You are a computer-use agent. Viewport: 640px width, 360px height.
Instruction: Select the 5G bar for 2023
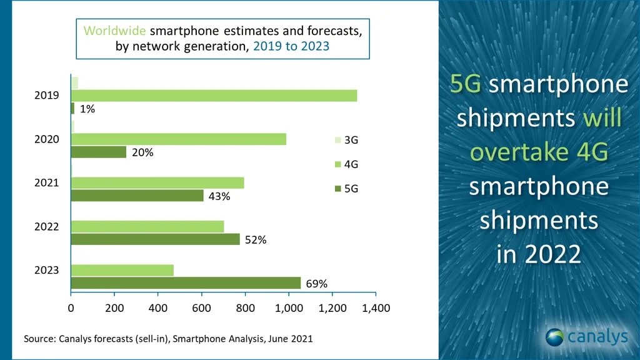click(x=186, y=283)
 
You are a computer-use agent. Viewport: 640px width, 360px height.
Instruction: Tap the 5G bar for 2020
click(x=99, y=152)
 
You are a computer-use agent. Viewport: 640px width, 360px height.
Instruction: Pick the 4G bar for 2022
click(x=147, y=226)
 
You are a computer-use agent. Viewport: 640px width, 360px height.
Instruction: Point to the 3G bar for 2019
click(x=74, y=82)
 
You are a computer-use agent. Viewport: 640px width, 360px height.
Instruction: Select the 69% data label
click(x=316, y=284)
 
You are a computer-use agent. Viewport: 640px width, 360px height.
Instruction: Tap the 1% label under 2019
click(x=87, y=109)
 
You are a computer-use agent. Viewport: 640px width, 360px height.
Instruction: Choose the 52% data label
click(x=256, y=239)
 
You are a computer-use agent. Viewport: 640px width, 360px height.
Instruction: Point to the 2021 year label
click(x=47, y=182)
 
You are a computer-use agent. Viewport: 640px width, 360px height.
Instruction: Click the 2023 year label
click(x=47, y=270)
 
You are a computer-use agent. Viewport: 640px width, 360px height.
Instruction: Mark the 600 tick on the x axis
click(x=201, y=308)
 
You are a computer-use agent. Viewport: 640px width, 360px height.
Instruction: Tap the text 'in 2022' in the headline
click(x=538, y=254)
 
